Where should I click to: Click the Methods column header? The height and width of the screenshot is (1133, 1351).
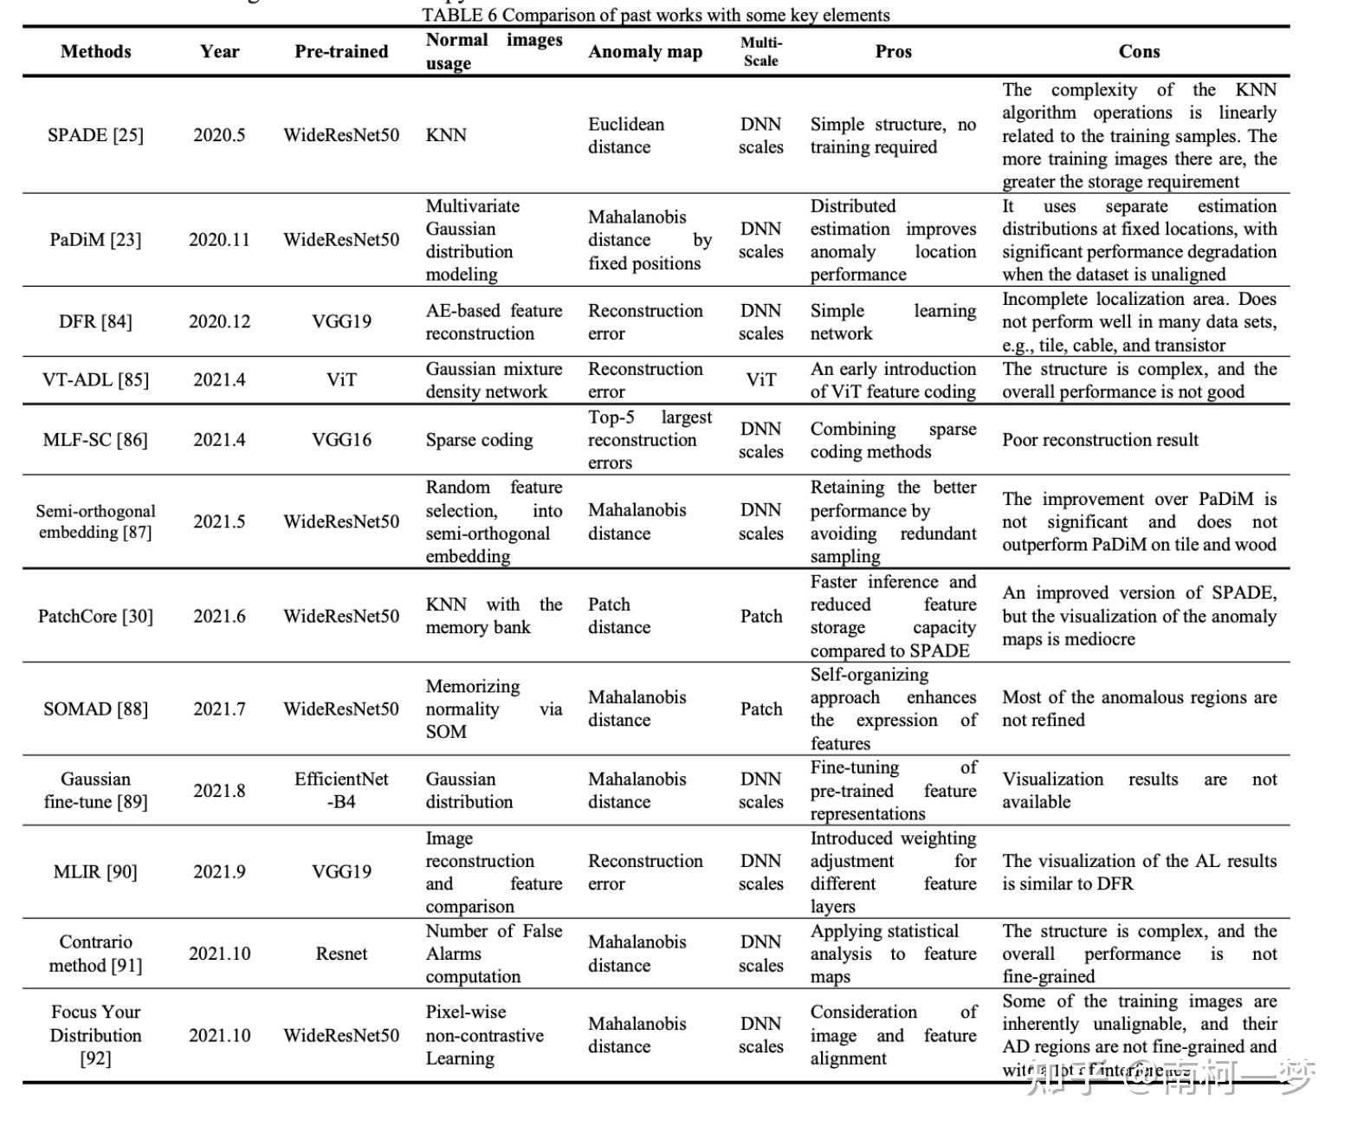pyautogui.click(x=95, y=51)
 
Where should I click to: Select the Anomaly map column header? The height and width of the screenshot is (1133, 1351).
pyautogui.click(x=644, y=52)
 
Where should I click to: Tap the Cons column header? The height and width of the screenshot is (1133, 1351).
pyautogui.click(x=1138, y=51)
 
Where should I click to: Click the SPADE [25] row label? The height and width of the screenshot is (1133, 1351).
pyautogui.click(x=95, y=135)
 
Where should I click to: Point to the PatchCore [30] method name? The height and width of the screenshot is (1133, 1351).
pyautogui.click(x=95, y=616)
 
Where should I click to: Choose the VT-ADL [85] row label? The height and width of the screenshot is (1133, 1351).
pyautogui.click(x=95, y=379)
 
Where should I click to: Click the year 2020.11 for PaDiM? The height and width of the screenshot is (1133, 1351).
pyautogui.click(x=219, y=239)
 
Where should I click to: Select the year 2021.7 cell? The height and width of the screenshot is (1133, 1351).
pyautogui.click(x=219, y=709)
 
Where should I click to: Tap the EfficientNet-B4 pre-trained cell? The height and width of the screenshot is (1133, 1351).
pyautogui.click(x=341, y=790)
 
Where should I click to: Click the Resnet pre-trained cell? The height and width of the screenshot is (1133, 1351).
pyautogui.click(x=341, y=953)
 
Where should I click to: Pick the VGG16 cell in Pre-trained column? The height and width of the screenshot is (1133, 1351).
pyautogui.click(x=341, y=439)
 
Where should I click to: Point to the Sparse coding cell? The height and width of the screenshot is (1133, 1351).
pyautogui.click(x=479, y=440)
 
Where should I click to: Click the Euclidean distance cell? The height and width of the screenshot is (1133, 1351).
pyautogui.click(x=625, y=135)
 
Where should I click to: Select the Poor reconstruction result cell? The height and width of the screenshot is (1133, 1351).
pyautogui.click(x=1100, y=439)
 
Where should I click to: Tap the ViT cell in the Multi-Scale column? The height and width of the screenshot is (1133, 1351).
pyautogui.click(x=760, y=379)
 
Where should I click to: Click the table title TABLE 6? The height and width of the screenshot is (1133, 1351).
pyautogui.click(x=656, y=15)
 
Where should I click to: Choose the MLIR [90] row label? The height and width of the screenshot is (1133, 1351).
pyautogui.click(x=95, y=871)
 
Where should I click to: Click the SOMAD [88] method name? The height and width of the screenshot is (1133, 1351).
pyautogui.click(x=95, y=709)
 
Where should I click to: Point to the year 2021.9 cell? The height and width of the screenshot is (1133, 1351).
pyautogui.click(x=219, y=871)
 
